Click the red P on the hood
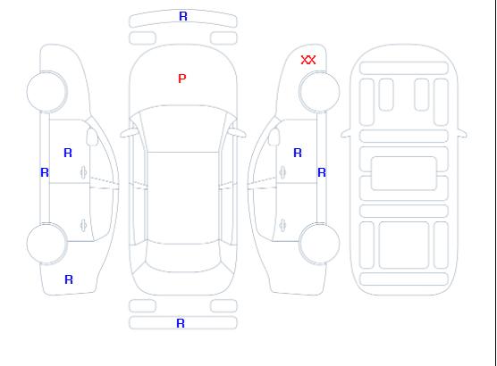coord(182,79)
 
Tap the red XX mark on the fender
coord(308,60)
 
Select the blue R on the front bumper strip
coord(183,16)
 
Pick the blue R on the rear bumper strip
coord(181,323)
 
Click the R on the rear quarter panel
coord(69,279)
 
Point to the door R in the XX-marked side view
coord(298,153)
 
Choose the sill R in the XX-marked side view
coord(322,172)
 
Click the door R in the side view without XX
coord(68,153)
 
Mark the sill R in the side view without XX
coord(45,172)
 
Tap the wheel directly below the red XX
coord(319,92)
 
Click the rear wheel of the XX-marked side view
coord(319,243)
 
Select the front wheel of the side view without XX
coord(46,92)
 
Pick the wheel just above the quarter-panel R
coord(46,243)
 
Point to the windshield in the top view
coord(183,129)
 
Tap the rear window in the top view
coord(183,257)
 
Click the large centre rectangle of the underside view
coord(404,173)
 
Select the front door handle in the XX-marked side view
coord(282,172)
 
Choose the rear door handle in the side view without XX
coord(83,225)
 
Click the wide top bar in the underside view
coord(404,68)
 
